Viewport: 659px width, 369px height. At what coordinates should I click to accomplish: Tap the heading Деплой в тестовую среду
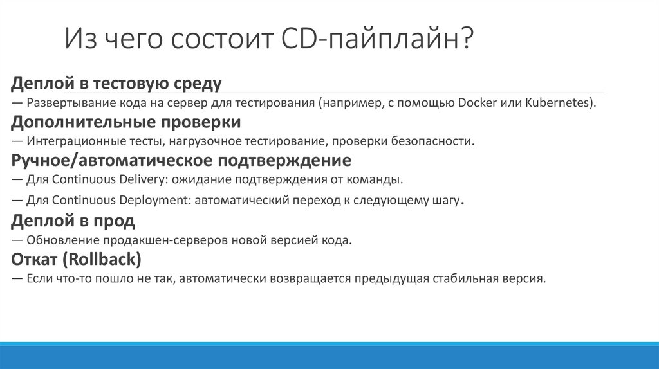tap(116, 84)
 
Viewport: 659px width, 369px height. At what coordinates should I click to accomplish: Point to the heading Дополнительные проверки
tap(126, 122)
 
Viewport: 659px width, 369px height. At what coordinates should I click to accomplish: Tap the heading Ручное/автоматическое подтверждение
tap(181, 159)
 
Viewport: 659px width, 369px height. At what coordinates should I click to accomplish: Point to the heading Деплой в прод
tap(73, 221)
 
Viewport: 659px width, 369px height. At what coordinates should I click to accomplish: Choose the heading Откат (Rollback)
tap(77, 260)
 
